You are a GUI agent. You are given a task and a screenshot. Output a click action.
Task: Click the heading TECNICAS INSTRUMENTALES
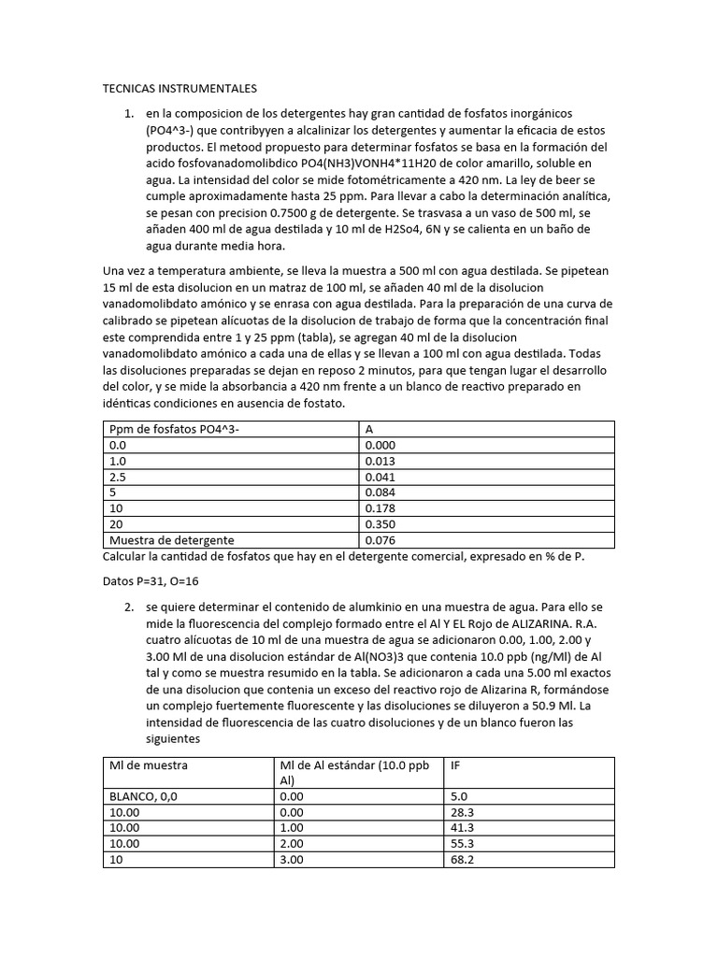click(x=179, y=89)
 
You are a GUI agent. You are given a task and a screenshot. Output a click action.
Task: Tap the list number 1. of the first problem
click(x=130, y=113)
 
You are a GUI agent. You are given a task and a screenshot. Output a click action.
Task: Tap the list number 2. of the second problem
click(x=130, y=607)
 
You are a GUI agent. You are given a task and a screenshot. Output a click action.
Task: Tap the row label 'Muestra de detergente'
click(x=172, y=540)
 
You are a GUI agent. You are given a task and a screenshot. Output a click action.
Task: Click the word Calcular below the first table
click(x=126, y=557)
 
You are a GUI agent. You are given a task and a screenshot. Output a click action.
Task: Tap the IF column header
click(x=455, y=764)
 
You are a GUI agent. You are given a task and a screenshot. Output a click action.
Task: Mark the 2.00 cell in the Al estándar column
click(x=293, y=843)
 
